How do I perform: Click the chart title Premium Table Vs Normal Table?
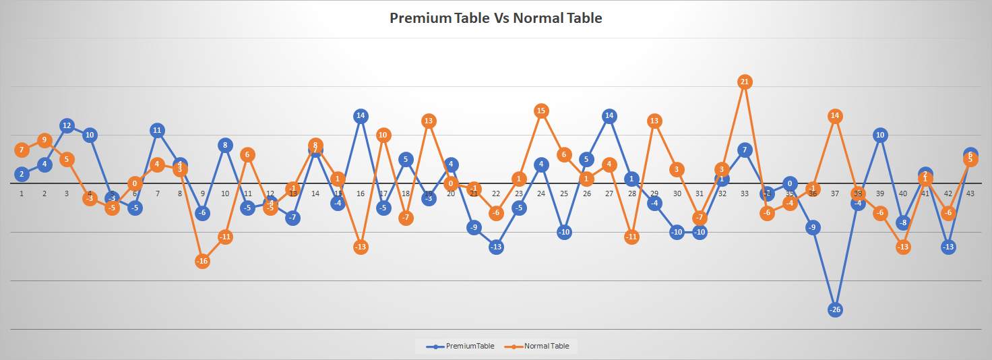point(495,18)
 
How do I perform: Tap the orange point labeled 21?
point(745,82)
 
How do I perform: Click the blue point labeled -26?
point(835,309)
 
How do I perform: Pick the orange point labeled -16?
point(203,261)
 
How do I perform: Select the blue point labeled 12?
point(67,125)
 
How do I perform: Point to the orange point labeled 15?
point(541,111)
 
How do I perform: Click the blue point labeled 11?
point(157,130)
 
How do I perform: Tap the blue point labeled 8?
point(225,144)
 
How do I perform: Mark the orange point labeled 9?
point(44,140)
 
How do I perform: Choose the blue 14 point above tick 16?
point(361,115)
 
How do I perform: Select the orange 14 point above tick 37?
point(835,115)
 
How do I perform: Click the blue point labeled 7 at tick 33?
point(745,150)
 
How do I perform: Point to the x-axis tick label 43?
point(970,193)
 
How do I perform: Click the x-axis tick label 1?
point(22,193)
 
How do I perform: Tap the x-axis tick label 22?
point(496,193)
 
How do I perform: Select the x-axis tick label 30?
point(677,193)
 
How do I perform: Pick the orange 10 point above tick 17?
point(383,135)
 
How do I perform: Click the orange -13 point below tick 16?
point(361,247)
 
